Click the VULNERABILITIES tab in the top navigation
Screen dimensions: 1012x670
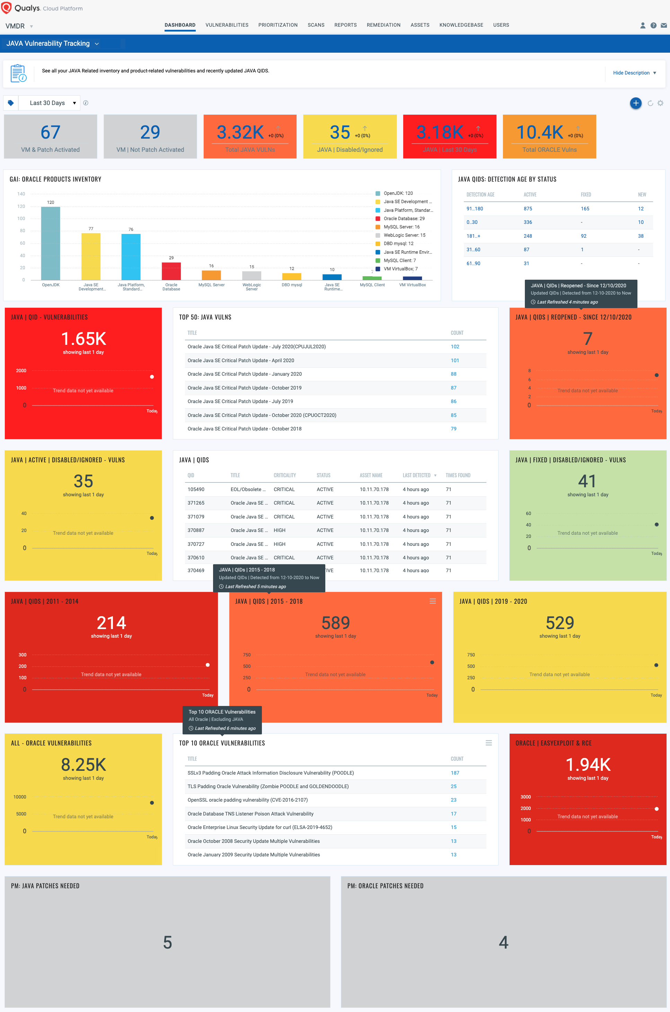[x=227, y=25]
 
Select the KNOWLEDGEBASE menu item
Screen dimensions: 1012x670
[x=461, y=25]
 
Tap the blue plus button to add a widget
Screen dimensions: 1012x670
[x=635, y=103]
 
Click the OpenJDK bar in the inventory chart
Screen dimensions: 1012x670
[x=51, y=244]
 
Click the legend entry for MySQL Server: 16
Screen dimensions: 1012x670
[x=401, y=227]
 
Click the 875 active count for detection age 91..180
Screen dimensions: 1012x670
[x=528, y=209]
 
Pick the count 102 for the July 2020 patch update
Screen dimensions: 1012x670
[x=455, y=347]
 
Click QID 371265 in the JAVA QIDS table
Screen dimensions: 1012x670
[x=196, y=503]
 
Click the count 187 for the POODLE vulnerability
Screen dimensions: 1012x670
[x=455, y=773]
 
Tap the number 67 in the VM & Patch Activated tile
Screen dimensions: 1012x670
[x=51, y=132]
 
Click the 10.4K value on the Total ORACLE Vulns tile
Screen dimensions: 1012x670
[x=540, y=132]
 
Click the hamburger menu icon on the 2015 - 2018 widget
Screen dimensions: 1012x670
[x=432, y=601]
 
